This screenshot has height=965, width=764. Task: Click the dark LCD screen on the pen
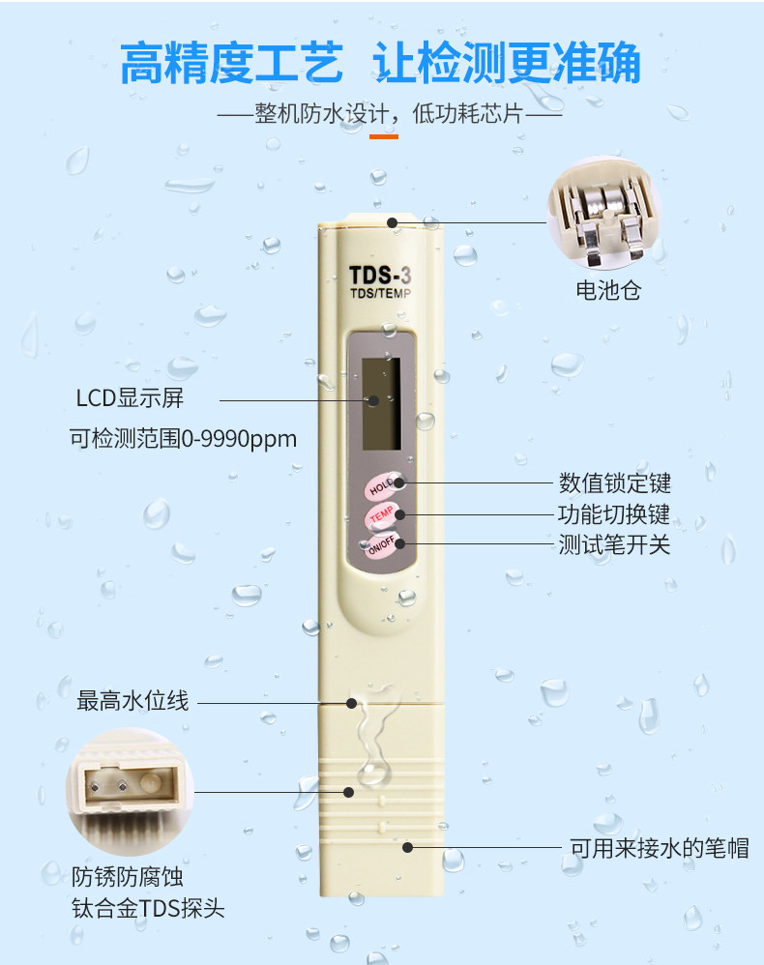[381, 402]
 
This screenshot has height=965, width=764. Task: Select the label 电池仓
[607, 290]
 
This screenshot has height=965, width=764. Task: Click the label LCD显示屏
[130, 398]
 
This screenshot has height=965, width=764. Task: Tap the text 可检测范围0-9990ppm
[183, 439]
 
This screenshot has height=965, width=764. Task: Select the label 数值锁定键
[614, 482]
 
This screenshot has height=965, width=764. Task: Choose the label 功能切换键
[614, 513]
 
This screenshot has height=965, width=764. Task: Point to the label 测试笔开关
[614, 544]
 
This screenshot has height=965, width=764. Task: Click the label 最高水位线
[132, 702]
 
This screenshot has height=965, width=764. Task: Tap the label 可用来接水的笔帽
[659, 848]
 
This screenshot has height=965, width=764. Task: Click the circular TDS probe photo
[129, 791]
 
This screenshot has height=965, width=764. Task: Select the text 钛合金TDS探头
[148, 909]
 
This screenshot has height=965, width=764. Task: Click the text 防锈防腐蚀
[128, 877]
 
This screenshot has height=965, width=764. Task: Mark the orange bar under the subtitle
[383, 136]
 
